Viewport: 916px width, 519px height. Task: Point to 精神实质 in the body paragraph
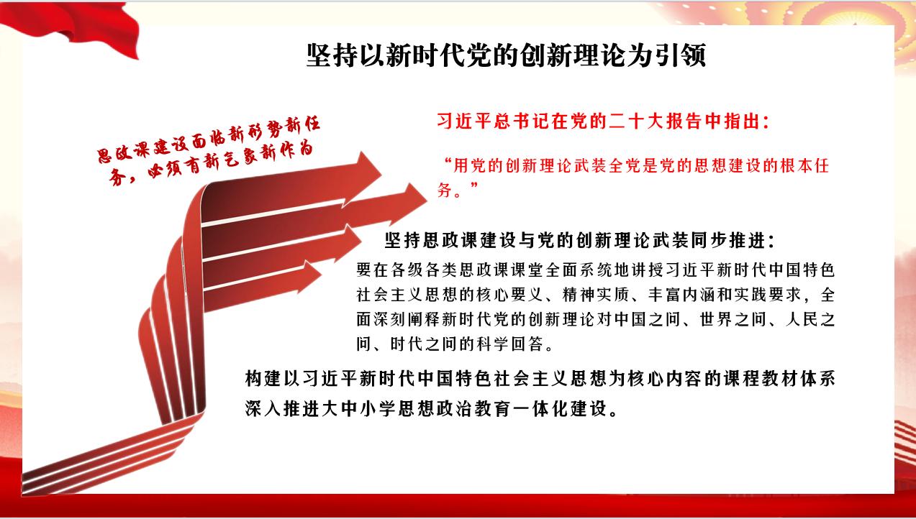click(596, 295)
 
